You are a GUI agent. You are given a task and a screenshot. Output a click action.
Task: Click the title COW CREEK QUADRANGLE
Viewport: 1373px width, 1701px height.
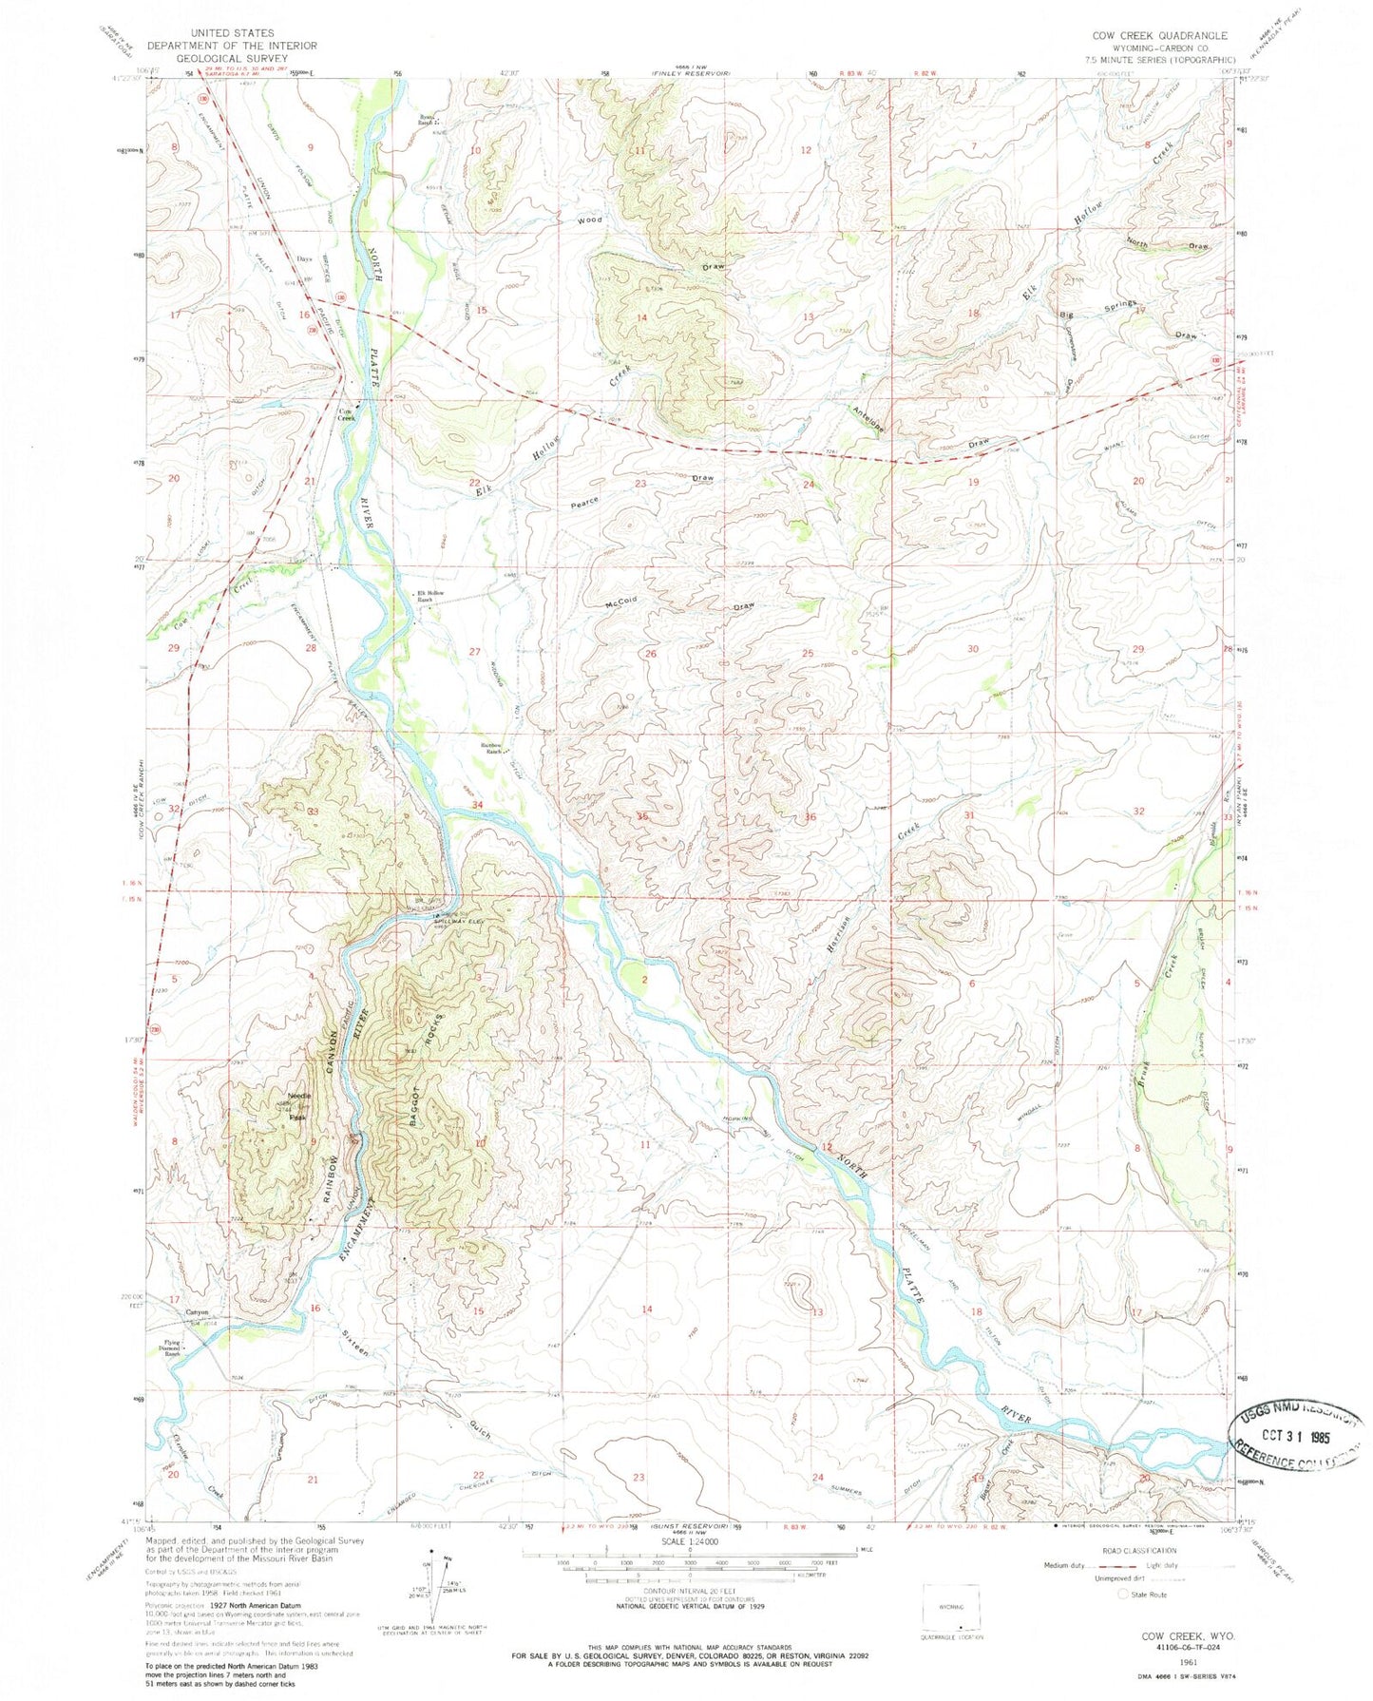[x=1159, y=35]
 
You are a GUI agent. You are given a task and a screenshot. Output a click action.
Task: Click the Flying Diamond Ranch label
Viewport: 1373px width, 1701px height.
[x=171, y=1350]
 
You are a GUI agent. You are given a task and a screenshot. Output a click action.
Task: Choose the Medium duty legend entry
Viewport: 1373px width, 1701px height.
[x=1061, y=1565]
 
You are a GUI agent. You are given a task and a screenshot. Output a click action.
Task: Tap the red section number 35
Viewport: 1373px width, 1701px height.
[x=643, y=816]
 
